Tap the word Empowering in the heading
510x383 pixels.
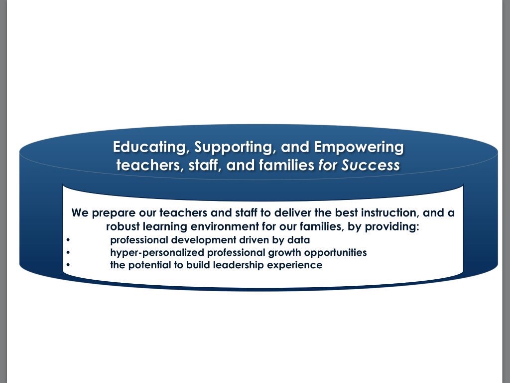click(359, 148)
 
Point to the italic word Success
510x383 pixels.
click(371, 165)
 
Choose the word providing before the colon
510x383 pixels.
click(392, 226)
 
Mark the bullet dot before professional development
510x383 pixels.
click(68, 240)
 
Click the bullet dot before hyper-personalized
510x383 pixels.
click(68, 253)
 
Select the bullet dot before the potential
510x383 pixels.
click(68, 265)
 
